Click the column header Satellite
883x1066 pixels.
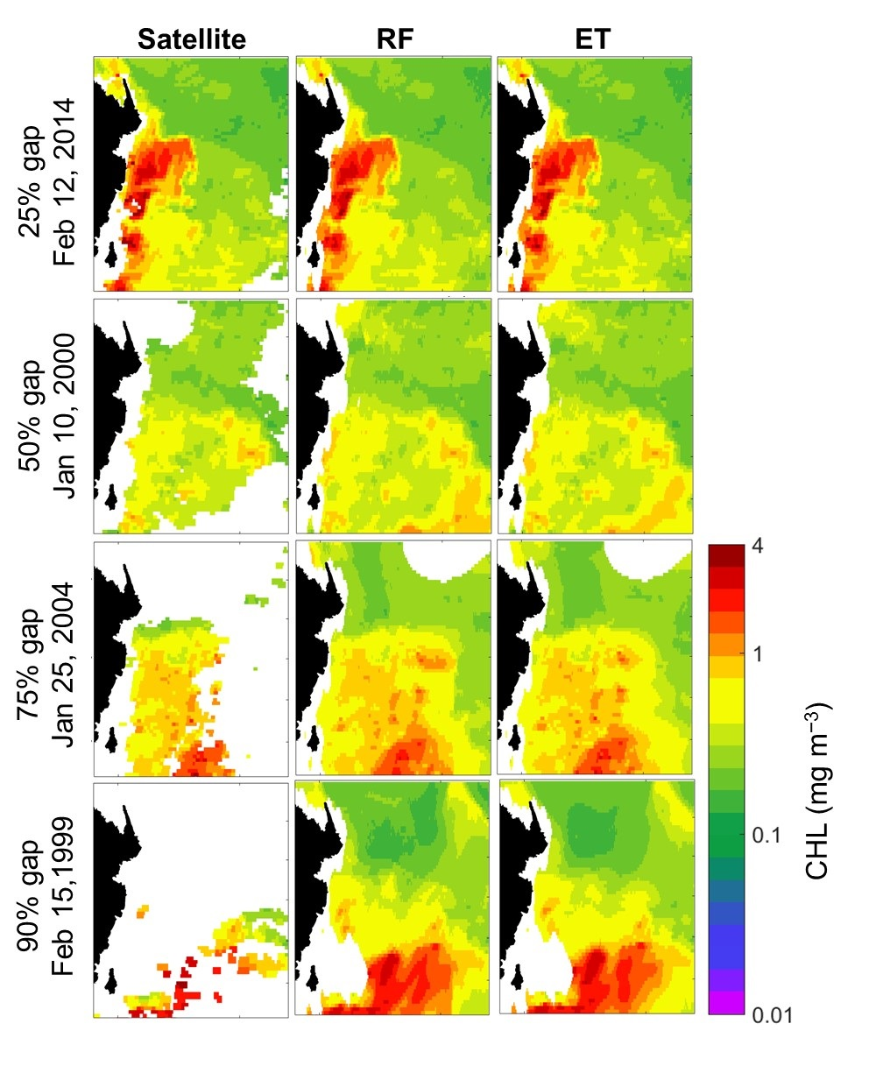[191, 39]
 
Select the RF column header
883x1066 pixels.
[392, 39]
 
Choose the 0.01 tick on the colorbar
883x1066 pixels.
[771, 1015]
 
